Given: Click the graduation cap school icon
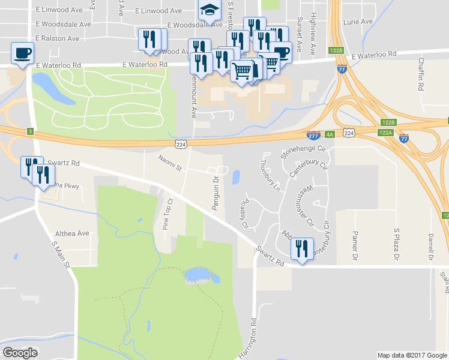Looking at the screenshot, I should [x=209, y=10].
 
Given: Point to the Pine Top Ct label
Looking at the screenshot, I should [x=169, y=214].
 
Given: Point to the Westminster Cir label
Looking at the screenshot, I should [x=310, y=205].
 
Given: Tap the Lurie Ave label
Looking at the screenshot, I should [x=358, y=22].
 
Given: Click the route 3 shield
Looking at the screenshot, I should [x=29, y=131].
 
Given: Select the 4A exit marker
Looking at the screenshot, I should [x=330, y=134].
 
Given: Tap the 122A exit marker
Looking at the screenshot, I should [x=385, y=132].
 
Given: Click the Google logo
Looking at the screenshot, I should [x=20, y=353].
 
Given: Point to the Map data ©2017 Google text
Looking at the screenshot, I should [x=411, y=355].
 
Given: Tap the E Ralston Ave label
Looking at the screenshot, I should [x=57, y=38].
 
